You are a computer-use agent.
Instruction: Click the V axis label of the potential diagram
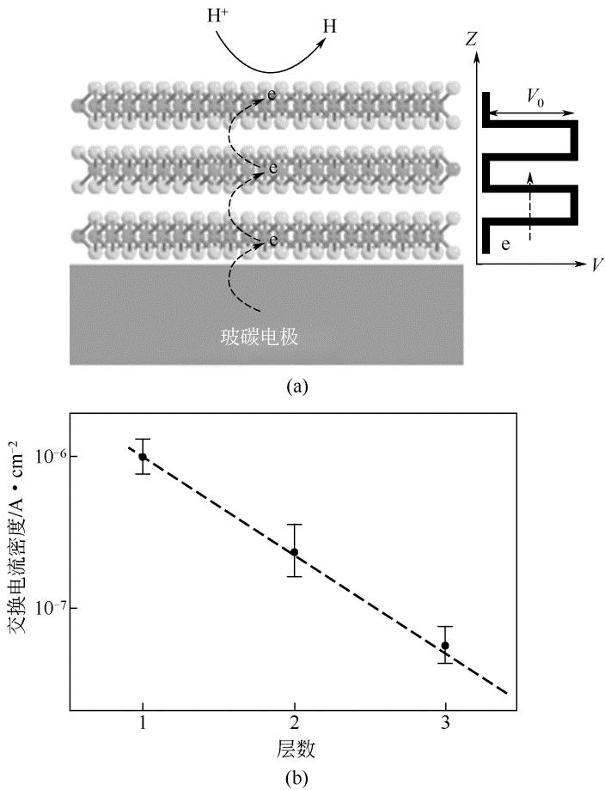tap(596, 264)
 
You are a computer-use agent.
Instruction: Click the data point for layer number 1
tap(143, 457)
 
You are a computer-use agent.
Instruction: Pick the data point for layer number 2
tap(294, 552)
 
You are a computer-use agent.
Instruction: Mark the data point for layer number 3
tap(445, 646)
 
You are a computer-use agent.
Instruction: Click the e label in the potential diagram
tap(506, 245)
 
